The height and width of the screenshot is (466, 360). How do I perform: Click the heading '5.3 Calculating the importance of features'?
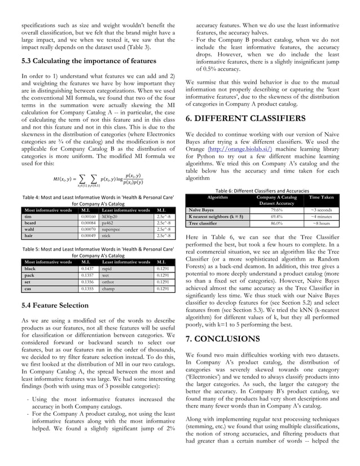tap(88, 61)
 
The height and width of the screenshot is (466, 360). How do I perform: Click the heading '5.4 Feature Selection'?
tap(55, 306)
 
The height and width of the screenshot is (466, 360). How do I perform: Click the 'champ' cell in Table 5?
tap(109, 288)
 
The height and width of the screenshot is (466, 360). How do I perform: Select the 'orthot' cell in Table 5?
tap(109, 282)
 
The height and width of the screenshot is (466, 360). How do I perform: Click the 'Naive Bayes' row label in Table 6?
tap(201, 209)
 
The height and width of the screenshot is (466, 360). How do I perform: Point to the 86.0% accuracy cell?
tap(276, 223)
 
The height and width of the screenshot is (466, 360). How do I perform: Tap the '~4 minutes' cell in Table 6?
tap(321, 216)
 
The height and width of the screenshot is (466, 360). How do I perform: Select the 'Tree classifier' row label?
tap(204, 223)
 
